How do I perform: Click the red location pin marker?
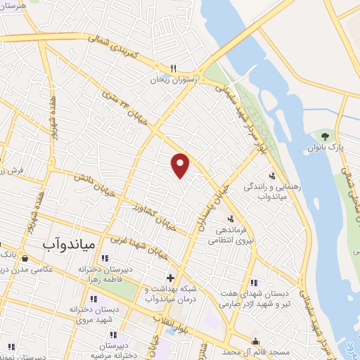pyautogui.click(x=181, y=165)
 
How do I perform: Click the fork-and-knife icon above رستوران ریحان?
pyautogui.click(x=172, y=69)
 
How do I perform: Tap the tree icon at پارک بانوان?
pyautogui.click(x=325, y=135)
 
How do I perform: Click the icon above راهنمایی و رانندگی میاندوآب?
pyautogui.click(x=271, y=175)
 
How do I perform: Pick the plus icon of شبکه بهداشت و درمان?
pyautogui.click(x=170, y=277)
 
